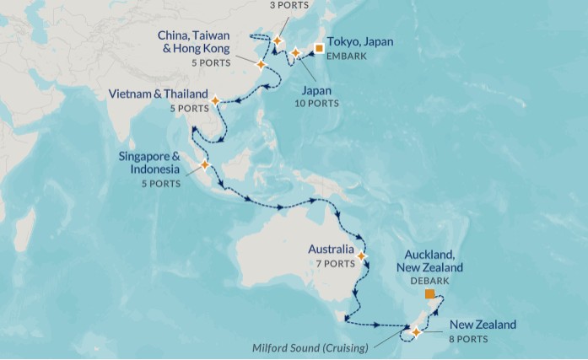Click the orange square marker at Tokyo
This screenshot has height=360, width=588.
(319, 48)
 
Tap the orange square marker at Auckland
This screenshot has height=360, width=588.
(429, 294)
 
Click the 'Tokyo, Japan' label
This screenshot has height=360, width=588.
(359, 42)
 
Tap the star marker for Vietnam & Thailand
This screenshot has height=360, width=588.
(215, 100)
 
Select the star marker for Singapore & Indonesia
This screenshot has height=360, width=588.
(204, 164)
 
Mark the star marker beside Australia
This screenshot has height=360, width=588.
(362, 255)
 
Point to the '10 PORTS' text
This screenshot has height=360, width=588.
(319, 103)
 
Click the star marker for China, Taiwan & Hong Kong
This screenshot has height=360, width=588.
(261, 64)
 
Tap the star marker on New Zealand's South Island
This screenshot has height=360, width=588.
(416, 332)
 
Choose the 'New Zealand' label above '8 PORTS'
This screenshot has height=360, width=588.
(483, 325)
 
